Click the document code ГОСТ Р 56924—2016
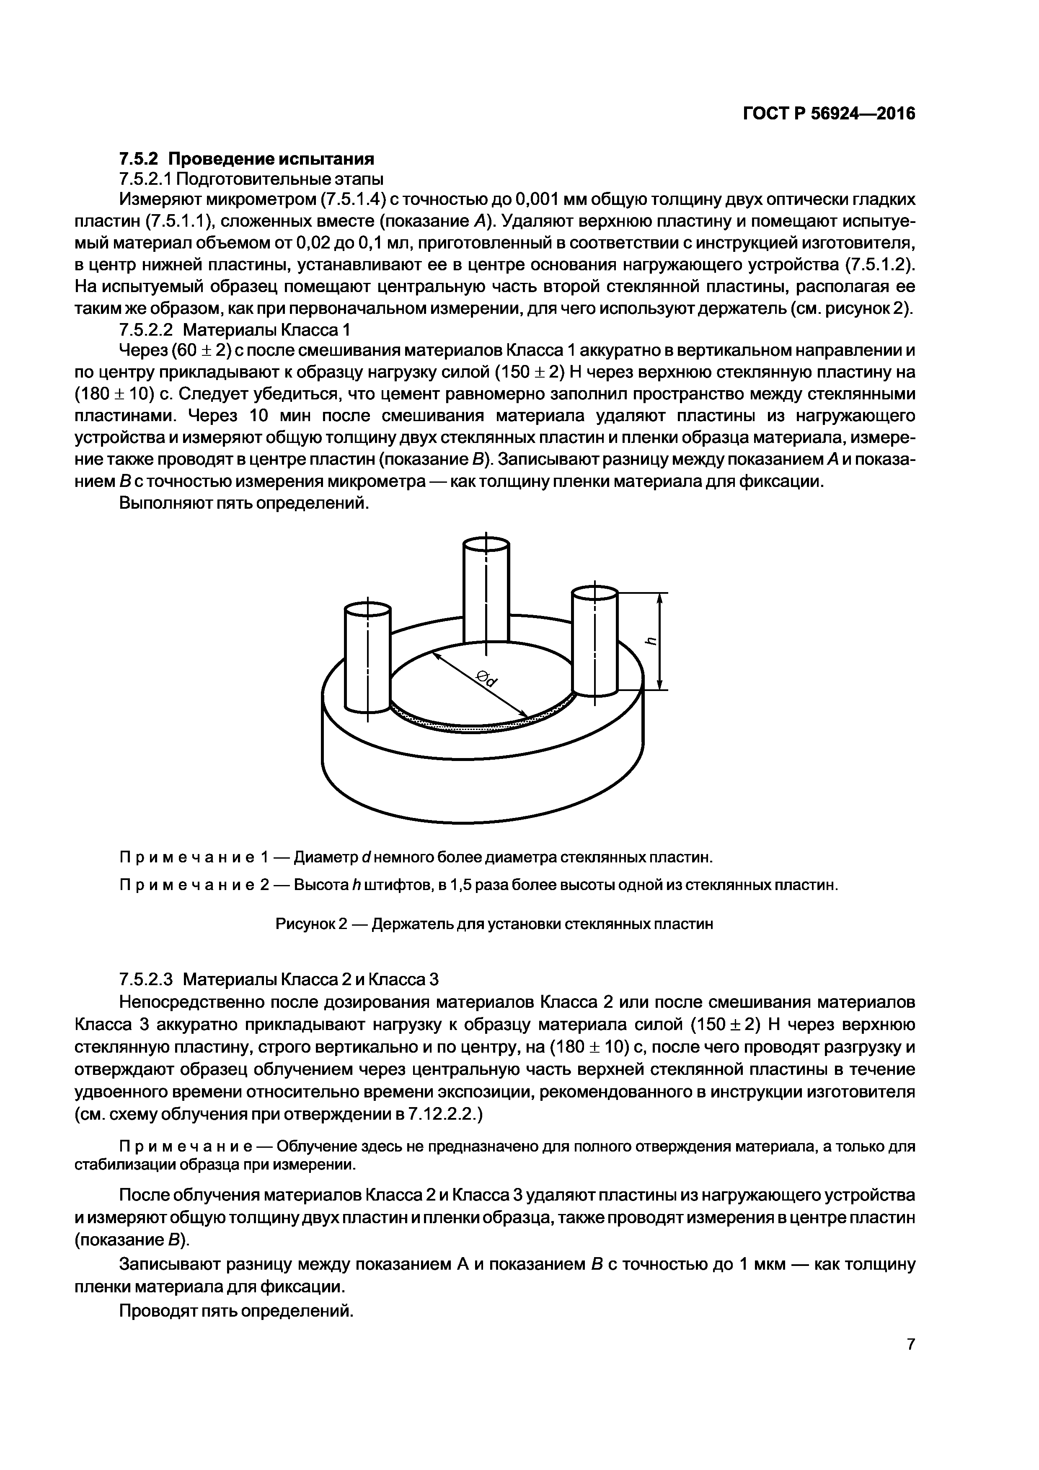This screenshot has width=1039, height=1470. pyautogui.click(x=829, y=113)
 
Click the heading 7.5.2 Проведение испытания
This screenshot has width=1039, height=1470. pyautogui.click(x=246, y=158)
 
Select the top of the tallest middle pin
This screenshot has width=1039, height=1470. pyautogui.click(x=486, y=544)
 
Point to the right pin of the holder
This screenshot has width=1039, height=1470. pyautogui.click(x=595, y=640)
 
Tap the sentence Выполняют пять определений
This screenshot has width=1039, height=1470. pyautogui.click(x=245, y=503)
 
